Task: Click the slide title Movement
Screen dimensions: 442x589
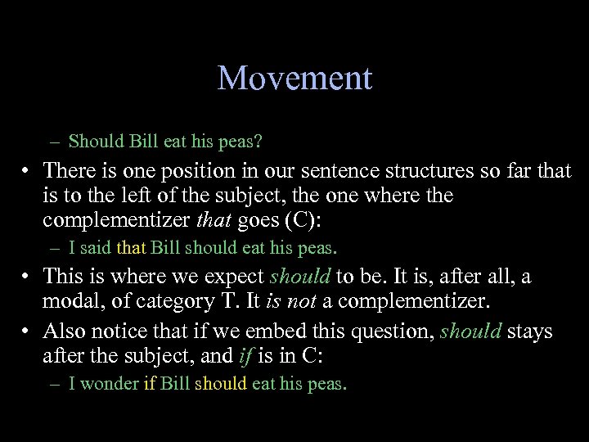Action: [294, 79]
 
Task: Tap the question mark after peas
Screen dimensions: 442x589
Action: [259, 142]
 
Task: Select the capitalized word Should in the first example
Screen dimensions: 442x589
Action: [97, 142]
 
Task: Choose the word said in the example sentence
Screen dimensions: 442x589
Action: [98, 246]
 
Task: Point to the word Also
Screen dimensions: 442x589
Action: [63, 331]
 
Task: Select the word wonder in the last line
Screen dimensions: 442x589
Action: [111, 384]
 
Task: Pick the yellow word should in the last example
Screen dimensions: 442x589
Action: [220, 384]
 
